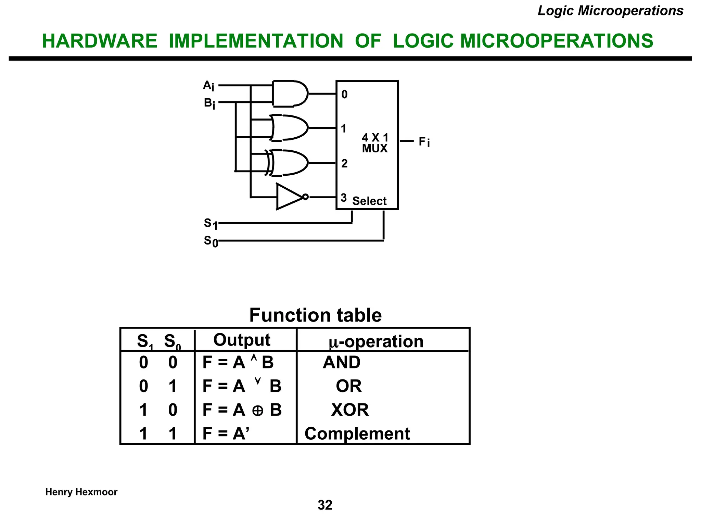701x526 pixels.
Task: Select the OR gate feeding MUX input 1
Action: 290,128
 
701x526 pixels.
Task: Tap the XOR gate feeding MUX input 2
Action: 290,163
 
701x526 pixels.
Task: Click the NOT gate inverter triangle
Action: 289,197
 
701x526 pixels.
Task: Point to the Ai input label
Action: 208,86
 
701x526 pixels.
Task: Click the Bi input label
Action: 209,103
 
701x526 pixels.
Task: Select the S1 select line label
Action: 210,224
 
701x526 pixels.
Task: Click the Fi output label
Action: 424,141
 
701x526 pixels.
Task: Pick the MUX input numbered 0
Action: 344,95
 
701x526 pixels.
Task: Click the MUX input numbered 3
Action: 344,198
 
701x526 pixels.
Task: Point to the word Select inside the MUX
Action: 369,201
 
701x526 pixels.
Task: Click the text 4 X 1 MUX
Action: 375,143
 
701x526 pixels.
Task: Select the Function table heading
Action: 315,315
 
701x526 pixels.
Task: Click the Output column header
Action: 242,340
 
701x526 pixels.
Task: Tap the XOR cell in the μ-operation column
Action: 350,410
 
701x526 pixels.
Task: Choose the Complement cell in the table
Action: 357,434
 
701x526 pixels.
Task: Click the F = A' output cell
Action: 226,434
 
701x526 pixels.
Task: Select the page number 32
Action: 325,505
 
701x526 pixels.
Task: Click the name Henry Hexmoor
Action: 81,492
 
